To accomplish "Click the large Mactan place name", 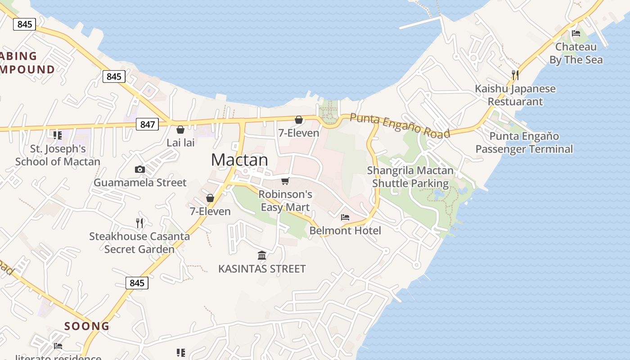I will [239, 160].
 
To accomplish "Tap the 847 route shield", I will [148, 124].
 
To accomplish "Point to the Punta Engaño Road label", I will [400, 125].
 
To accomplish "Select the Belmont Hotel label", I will [345, 231].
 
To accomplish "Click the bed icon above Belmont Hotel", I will [345, 217].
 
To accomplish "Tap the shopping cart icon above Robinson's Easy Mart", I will [285, 181].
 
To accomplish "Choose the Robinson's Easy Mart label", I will [285, 201].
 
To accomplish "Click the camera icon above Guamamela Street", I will [140, 169].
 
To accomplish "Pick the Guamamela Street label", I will [140, 183].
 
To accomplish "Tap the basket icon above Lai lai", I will [180, 130].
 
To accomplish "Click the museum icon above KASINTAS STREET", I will [262, 256].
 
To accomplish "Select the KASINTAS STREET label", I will [262, 269].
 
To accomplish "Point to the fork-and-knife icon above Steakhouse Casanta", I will [139, 222].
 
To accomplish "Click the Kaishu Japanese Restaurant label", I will [515, 95].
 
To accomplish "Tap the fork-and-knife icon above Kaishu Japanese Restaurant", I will [515, 74].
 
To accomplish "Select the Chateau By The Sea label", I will [576, 53].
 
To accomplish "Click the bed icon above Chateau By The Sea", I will [576, 33].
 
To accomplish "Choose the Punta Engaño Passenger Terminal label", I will [524, 143].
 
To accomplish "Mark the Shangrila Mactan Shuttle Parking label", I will [410, 177].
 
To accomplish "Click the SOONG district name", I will [87, 326].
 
